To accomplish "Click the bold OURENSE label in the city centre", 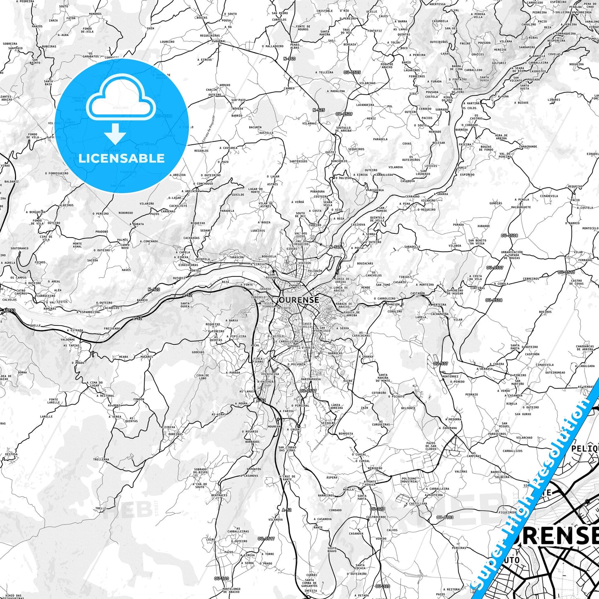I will point(299,299).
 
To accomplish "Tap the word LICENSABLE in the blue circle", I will point(121,158).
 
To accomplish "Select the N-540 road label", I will point(289,59).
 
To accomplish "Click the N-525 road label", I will point(318,110).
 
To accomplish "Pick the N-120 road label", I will point(153,289).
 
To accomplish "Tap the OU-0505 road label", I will point(352,72).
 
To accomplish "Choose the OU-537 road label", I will point(441,364).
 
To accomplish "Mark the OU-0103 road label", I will point(445,517).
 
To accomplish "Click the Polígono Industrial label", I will point(410,480).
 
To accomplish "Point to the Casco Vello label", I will point(307,325).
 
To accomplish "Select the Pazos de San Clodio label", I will point(431,446).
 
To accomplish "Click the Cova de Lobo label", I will point(203,377).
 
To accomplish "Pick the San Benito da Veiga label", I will point(477,242).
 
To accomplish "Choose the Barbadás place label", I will point(252,442).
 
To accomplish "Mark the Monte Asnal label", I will point(77,245).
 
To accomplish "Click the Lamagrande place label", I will point(528,146).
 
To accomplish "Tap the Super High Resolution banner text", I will point(535,493).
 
